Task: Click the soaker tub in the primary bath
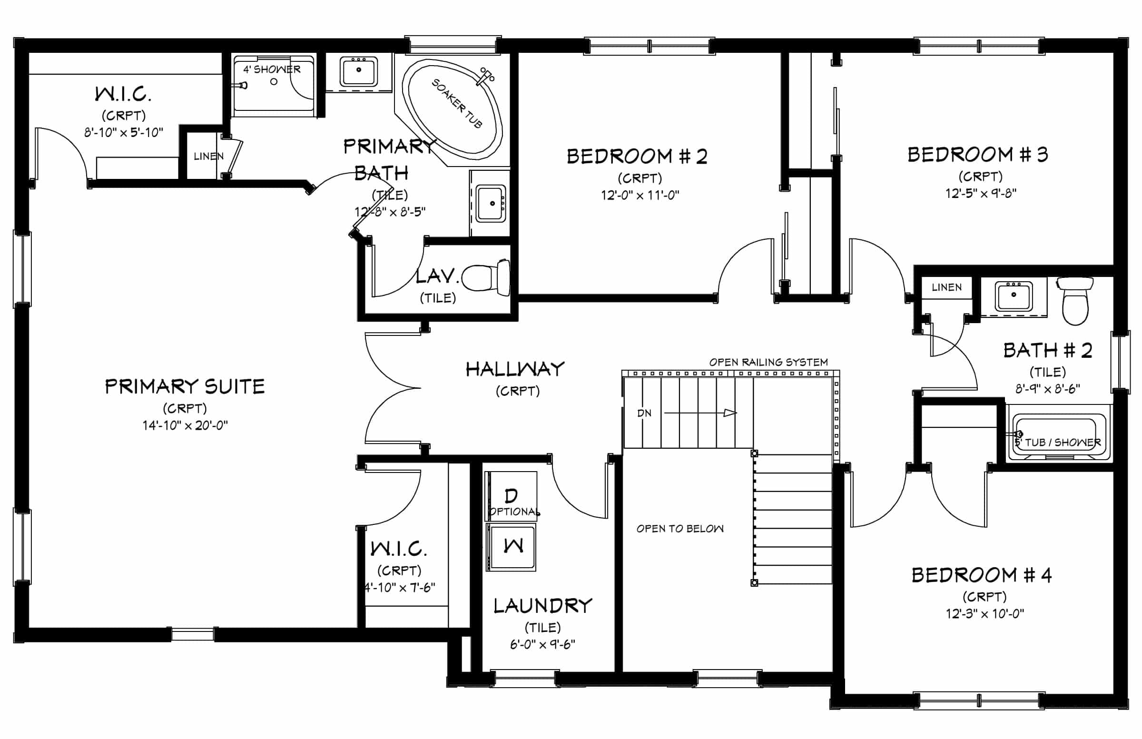[x=452, y=109]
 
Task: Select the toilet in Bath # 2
[x=1075, y=301]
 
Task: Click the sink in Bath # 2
[x=1014, y=296]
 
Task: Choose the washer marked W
[x=512, y=547]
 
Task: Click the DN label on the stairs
[x=644, y=413]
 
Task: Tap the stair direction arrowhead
[x=730, y=413]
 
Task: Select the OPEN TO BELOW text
[x=680, y=529]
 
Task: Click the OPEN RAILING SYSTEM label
[x=768, y=362]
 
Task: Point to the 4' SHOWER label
[x=272, y=69]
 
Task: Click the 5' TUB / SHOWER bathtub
[x=1059, y=434]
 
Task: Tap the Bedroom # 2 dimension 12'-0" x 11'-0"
[x=640, y=195]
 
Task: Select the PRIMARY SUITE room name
[x=185, y=386]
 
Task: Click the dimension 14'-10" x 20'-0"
[x=185, y=425]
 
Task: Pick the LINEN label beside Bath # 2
[x=947, y=287]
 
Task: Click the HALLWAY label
[x=515, y=369]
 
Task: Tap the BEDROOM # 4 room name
[x=982, y=575]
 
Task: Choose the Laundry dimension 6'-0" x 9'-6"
[x=543, y=644]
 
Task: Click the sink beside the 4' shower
[x=358, y=71]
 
